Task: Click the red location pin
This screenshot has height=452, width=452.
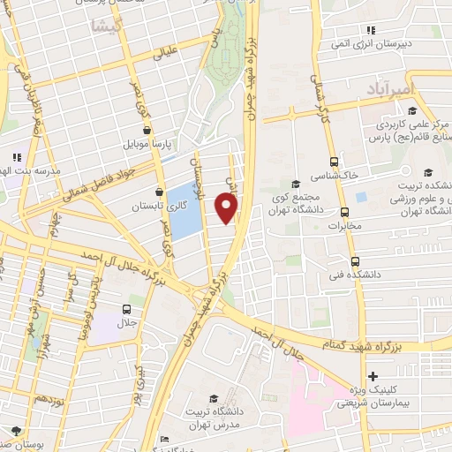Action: [227, 207]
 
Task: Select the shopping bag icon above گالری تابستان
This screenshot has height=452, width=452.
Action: [159, 192]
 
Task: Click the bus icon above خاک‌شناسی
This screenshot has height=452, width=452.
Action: [334, 162]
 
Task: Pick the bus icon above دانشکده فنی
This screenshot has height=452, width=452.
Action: [355, 261]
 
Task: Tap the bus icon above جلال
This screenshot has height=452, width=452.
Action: [127, 309]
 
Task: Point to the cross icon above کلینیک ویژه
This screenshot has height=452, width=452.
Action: [373, 376]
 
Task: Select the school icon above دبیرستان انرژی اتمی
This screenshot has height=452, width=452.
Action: [372, 30]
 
